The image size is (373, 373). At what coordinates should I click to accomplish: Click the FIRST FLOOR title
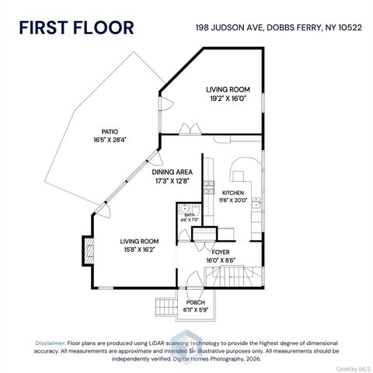tap(76, 27)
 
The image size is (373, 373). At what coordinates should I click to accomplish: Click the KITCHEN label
tap(233, 193)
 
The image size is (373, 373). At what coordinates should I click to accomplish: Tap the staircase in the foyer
tap(233, 276)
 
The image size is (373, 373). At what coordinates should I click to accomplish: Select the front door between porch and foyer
tap(192, 289)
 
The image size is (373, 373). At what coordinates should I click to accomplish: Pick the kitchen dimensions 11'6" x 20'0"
tap(233, 200)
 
